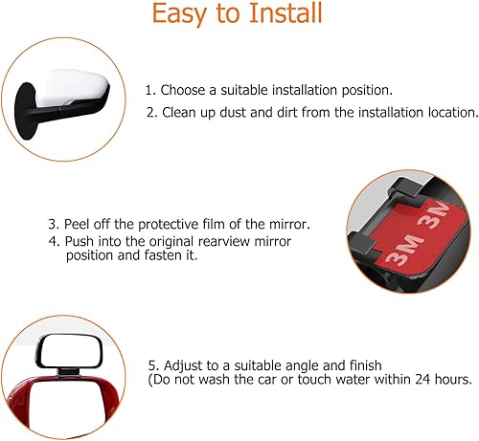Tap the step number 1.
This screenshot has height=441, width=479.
(x=148, y=90)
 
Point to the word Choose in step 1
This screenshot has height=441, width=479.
(x=182, y=90)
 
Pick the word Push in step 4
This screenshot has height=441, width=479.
(x=80, y=241)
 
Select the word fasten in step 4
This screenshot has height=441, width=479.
(x=158, y=256)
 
